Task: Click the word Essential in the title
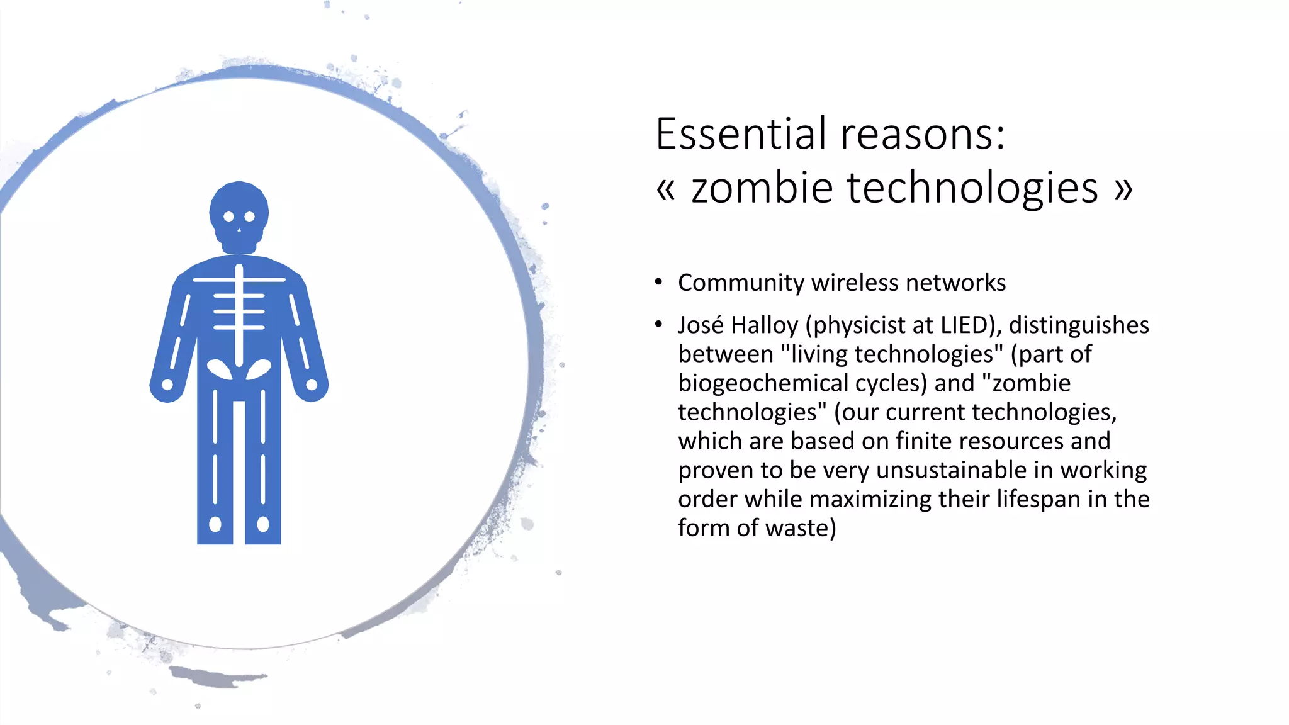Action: pos(740,134)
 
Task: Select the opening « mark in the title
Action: pos(666,189)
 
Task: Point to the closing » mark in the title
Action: pos(1123,189)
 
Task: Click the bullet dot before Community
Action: pos(658,282)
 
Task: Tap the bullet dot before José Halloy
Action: pos(658,325)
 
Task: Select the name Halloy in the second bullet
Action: pos(765,325)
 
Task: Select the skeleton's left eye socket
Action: pos(228,216)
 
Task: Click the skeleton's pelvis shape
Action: pos(239,370)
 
